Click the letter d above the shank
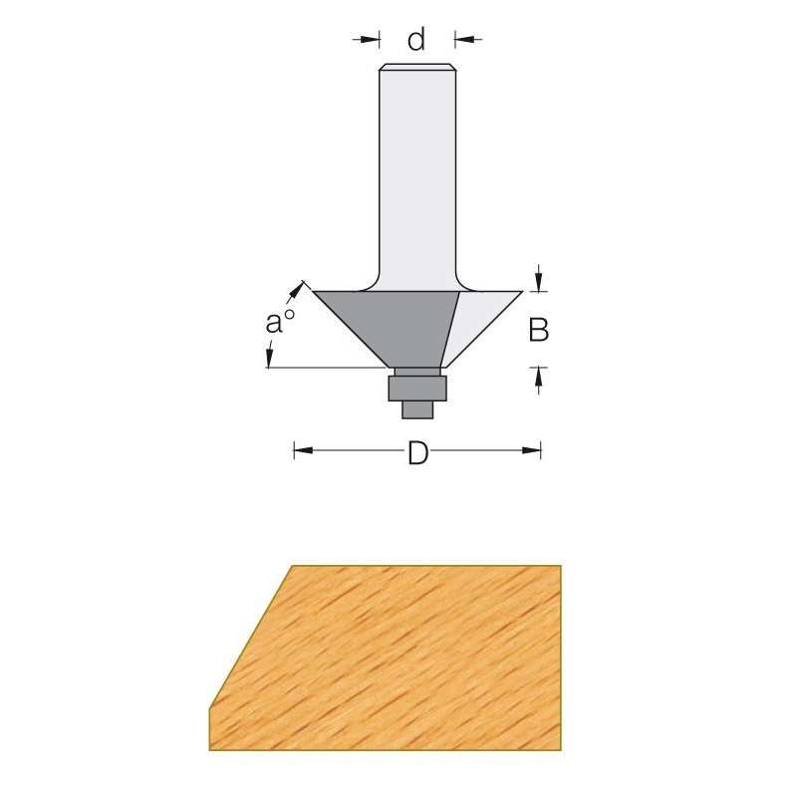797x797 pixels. coord(416,40)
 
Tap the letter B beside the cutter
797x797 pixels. coord(538,330)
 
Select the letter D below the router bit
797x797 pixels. coord(417,453)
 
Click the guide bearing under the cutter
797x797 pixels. coord(417,385)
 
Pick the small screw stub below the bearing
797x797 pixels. coord(416,406)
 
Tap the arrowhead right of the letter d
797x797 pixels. coord(463,40)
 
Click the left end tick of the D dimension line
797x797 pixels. coord(295,451)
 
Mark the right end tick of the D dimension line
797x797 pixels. coord(540,451)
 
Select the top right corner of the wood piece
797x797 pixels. coord(562,567)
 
